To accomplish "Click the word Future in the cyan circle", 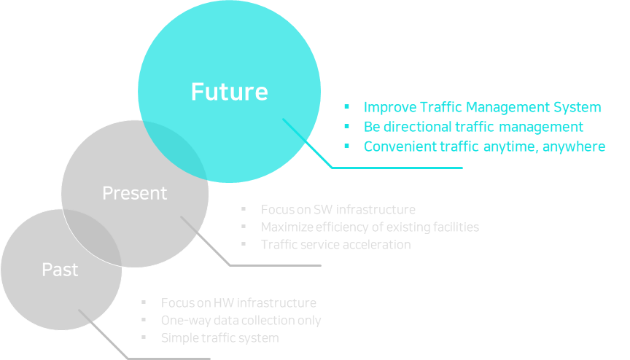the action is coord(229,92).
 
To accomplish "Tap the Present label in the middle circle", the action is coord(134,193).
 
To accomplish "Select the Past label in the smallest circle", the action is coord(60,270).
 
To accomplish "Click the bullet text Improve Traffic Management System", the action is coord(482,107).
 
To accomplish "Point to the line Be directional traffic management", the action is coord(473,127).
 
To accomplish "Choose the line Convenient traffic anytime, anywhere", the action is coord(484,146).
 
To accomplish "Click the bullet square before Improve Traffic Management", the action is coord(347,108).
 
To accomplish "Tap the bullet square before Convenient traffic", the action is coord(347,147).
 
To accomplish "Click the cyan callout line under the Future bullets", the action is coord(397,168).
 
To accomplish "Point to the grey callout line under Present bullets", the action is coord(276,265).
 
